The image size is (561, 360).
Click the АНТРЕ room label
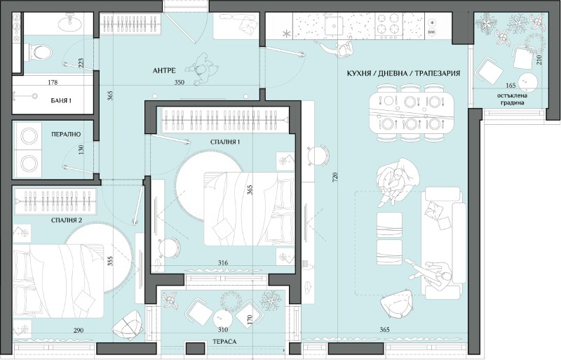[x=163, y=71]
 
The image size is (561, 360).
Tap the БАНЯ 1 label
[x=61, y=100]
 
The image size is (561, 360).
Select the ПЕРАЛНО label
[x=66, y=134]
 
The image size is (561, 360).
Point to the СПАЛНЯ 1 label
[x=225, y=142]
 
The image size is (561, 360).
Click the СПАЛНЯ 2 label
[x=67, y=220]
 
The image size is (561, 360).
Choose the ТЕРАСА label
[x=224, y=342]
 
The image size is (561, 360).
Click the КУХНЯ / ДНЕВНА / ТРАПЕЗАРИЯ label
[x=403, y=74]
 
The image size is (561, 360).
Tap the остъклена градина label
[x=512, y=99]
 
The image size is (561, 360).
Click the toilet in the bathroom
[x=39, y=53]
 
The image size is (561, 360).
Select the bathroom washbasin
[x=69, y=23]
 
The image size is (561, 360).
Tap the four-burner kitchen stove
[x=389, y=25]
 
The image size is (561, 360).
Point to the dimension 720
[x=335, y=178]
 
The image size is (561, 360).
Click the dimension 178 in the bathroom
[x=53, y=82]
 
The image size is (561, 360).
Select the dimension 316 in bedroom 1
[x=223, y=263]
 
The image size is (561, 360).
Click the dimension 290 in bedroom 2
[x=79, y=330]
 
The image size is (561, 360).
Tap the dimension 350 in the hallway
[x=180, y=82]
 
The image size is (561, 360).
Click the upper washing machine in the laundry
[x=29, y=136]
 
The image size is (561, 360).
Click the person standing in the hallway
[x=202, y=70]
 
